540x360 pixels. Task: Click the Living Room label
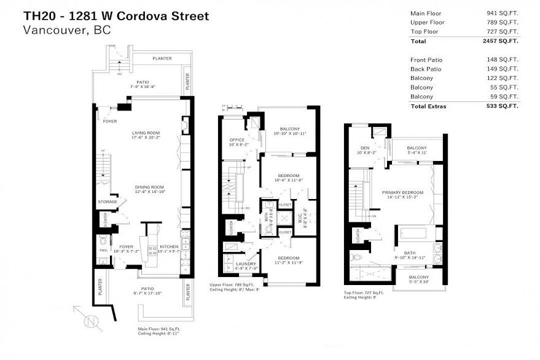[x=146, y=132]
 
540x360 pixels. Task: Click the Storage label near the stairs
[x=107, y=202]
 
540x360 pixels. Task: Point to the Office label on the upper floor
[x=237, y=140]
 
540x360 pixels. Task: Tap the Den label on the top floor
[x=365, y=148]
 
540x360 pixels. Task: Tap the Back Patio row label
[x=426, y=69]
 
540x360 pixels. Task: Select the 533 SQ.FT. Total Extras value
[x=502, y=106]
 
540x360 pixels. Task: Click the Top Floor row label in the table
[x=425, y=31]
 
